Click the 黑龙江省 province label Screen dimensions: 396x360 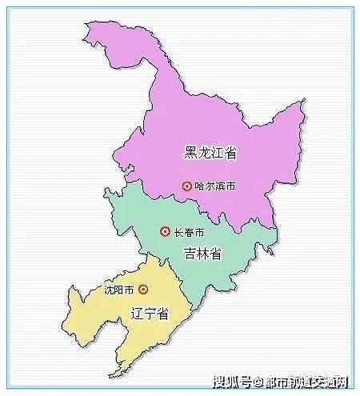click(211, 152)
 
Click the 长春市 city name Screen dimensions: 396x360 click(189, 232)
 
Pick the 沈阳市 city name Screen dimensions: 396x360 click(118, 290)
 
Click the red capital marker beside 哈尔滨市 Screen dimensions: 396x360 click(187, 186)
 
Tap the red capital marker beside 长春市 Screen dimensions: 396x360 click(165, 232)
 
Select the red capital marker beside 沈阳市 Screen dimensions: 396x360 click(142, 290)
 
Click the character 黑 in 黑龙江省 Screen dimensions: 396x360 click(190, 152)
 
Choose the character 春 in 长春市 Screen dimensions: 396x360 click(189, 232)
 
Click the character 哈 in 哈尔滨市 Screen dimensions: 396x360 click(201, 186)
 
